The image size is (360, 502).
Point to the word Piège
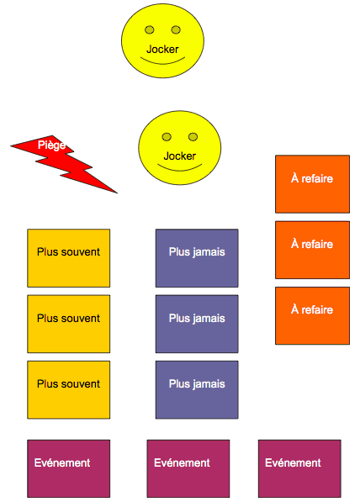tap(51, 145)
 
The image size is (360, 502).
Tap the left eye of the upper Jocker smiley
tap(150, 29)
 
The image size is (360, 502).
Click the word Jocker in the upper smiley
tap(162, 50)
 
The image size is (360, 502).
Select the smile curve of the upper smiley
tap(162, 61)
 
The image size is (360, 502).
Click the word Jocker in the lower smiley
tap(180, 156)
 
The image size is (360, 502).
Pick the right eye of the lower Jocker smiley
tap(193, 137)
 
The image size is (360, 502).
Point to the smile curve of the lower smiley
tap(180, 169)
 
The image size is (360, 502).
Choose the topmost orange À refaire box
tap(312, 184)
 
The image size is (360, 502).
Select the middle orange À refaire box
tap(312, 250)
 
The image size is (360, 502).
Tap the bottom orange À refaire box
tap(312, 315)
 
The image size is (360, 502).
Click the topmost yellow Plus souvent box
tap(68, 258)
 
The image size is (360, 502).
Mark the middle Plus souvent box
tap(68, 324)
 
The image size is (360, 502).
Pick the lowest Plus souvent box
tap(68, 389)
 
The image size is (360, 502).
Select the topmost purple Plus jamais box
tap(197, 258)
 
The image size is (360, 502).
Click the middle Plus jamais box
tap(197, 324)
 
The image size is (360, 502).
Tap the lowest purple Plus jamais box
tap(197, 389)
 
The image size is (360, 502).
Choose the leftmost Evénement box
tap(68, 468)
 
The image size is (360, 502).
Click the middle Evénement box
tap(188, 468)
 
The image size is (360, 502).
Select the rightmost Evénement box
tap(299, 468)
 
